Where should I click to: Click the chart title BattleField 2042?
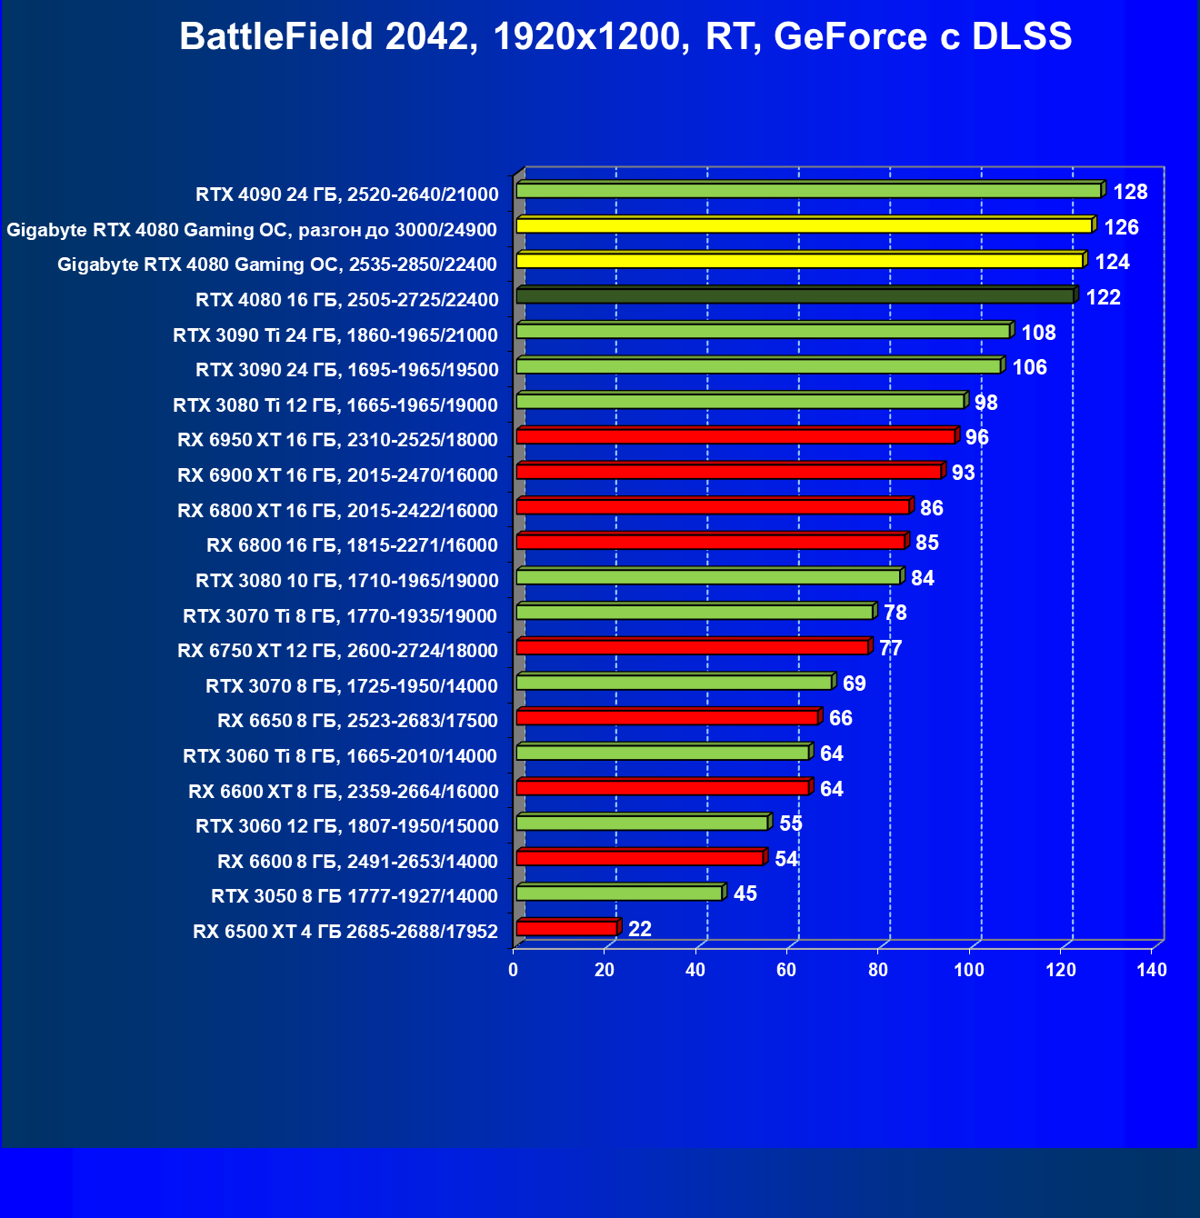coord(625,37)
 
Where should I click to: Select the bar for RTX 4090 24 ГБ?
coord(809,191)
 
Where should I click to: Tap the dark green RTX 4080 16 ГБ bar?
coord(795,296)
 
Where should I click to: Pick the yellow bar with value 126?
coord(804,225)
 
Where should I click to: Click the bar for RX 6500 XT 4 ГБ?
coord(566,928)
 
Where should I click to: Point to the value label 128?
coord(1130,192)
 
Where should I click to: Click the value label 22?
coord(640,929)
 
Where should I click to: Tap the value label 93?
coord(963,473)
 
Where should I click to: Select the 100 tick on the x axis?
coord(969,970)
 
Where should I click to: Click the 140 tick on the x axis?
coord(1152,970)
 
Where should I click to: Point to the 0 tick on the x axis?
coord(514,970)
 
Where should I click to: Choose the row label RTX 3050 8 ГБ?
coord(355,896)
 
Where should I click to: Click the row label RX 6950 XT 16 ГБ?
coord(338,440)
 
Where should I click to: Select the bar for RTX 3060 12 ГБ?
coord(643,823)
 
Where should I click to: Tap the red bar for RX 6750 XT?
coord(693,647)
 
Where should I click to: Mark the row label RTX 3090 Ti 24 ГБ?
coord(335,335)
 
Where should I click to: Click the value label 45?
coord(745,894)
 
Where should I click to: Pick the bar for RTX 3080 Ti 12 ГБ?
coord(740,401)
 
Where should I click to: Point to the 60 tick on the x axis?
coord(786,970)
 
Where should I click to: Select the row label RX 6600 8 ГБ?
coord(357,861)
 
